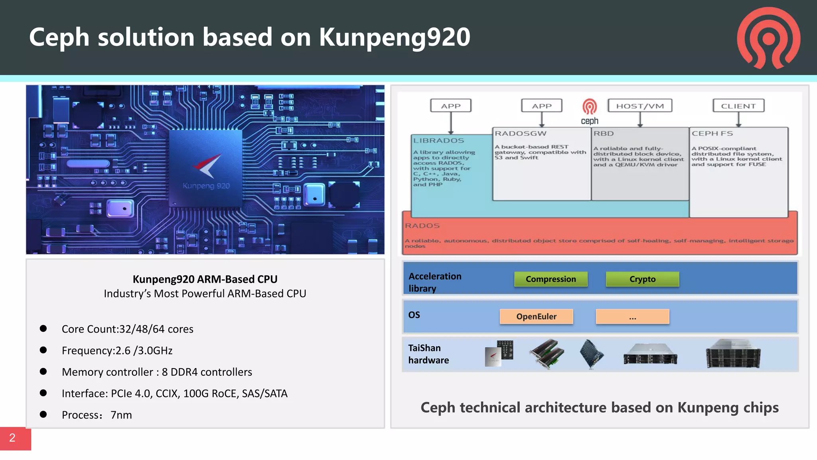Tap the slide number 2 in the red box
[13, 438]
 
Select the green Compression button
[551, 279]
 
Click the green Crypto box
[642, 279]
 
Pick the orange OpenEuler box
[536, 317]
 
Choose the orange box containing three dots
[632, 317]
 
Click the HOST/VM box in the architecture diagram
[640, 106]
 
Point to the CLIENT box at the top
[738, 106]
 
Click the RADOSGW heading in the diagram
[521, 133]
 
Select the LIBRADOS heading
[438, 141]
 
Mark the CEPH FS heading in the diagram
[712, 133]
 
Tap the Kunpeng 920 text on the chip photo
[206, 186]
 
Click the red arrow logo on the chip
[207, 165]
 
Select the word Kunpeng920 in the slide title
[395, 37]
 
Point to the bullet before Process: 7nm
[43, 414]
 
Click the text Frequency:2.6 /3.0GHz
[117, 351]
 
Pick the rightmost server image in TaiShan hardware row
[733, 354]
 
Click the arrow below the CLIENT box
[738, 119]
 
